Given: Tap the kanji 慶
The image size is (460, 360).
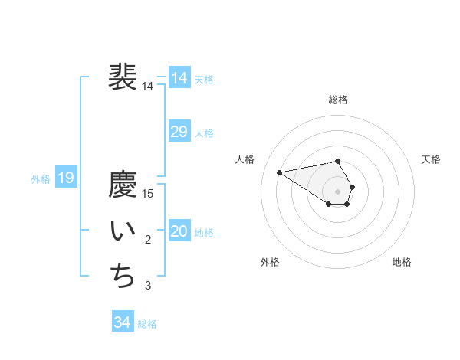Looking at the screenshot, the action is [123, 185].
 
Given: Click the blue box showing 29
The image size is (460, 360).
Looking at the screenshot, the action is [179, 132].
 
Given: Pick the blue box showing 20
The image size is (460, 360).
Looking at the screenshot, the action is [179, 231].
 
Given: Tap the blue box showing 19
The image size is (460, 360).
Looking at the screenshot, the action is [65, 178].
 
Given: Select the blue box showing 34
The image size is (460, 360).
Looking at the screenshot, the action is [122, 322].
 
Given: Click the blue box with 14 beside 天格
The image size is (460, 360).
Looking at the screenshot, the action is [179, 78].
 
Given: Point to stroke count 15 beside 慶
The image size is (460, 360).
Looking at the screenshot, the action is [148, 194].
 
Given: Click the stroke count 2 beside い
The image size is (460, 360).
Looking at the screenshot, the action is [148, 241].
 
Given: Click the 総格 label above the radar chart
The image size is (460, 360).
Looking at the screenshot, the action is [338, 100].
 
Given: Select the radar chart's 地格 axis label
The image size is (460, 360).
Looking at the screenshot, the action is [402, 262].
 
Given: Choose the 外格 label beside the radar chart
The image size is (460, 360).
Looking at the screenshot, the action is [269, 262].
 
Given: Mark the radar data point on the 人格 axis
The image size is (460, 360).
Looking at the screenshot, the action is [280, 172].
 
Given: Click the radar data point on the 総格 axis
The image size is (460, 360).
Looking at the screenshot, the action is [338, 161].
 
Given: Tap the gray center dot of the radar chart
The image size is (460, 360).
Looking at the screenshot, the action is [338, 191].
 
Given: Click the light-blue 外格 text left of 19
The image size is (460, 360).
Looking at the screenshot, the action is [41, 179].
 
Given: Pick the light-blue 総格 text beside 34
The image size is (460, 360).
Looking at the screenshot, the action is [147, 324].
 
